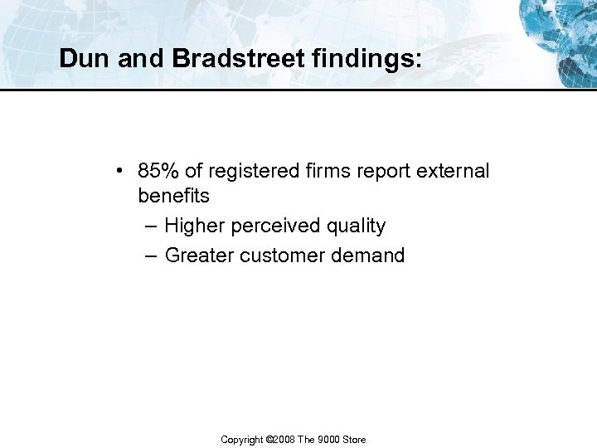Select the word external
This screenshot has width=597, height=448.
point(455,171)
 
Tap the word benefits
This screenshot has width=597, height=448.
point(173,197)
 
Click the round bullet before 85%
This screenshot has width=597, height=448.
point(121,172)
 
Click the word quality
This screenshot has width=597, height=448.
point(356,226)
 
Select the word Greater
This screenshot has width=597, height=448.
point(199,256)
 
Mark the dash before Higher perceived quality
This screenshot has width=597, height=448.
point(149,226)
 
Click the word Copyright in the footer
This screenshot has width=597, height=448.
point(241,440)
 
